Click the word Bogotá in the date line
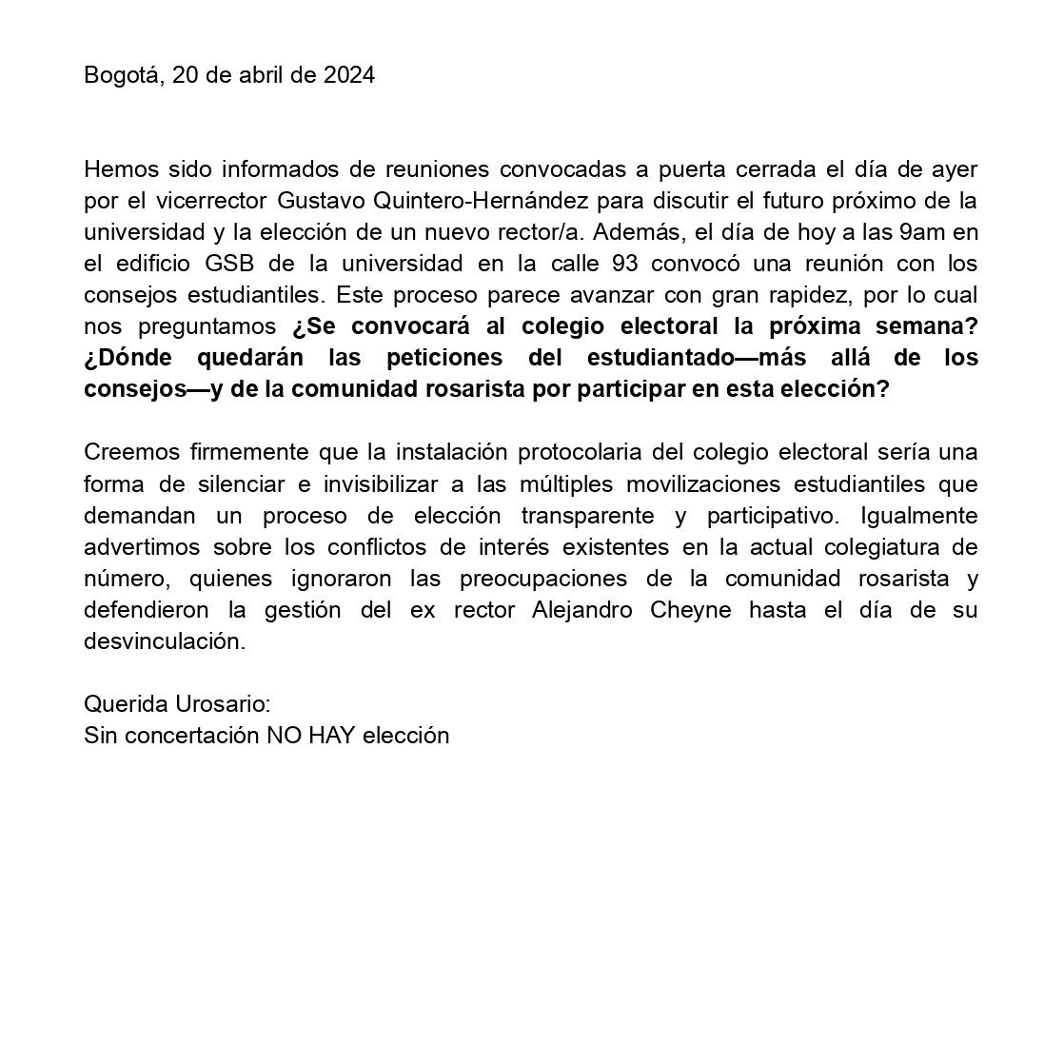coord(119,75)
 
